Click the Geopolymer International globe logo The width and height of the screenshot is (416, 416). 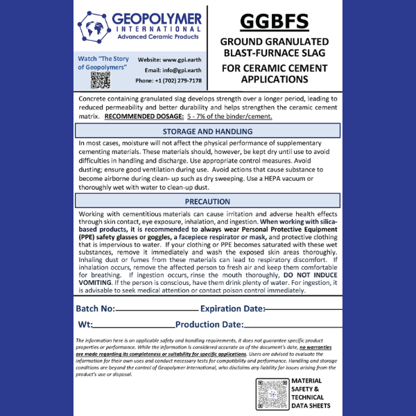pyautogui.click(x=92, y=28)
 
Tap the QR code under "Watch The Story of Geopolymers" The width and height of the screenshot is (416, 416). pyautogui.click(x=101, y=80)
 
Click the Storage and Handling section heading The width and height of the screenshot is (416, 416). pyautogui.click(x=207, y=131)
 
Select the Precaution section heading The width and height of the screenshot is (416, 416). pyautogui.click(x=207, y=202)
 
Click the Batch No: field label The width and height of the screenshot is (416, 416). pyautogui.click(x=96, y=308)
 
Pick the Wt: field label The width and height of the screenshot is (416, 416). pyautogui.click(x=85, y=324)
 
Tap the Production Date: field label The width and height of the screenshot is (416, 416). pyautogui.click(x=209, y=324)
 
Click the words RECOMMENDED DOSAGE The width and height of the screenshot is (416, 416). pyautogui.click(x=141, y=116)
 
